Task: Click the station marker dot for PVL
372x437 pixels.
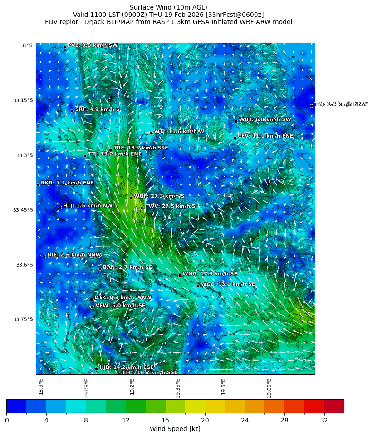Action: (x=64, y=47)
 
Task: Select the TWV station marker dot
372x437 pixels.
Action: (x=142, y=208)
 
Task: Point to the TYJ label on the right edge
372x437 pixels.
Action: (x=341, y=104)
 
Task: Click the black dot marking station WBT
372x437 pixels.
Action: (x=236, y=121)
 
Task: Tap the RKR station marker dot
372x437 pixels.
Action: (x=38, y=184)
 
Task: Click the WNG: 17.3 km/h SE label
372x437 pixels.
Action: (x=210, y=274)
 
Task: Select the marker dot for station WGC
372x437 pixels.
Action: (x=198, y=286)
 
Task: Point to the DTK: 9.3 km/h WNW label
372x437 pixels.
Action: (x=122, y=298)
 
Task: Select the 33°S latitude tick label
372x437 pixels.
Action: (x=26, y=45)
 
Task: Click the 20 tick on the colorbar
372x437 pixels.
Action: (x=205, y=420)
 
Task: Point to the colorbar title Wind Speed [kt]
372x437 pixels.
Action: (x=175, y=429)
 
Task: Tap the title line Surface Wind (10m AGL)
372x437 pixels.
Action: (x=168, y=7)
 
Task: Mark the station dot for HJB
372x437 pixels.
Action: (x=96, y=369)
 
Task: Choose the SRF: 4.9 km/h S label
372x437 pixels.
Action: (x=97, y=109)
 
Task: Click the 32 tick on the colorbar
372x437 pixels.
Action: (x=324, y=420)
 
